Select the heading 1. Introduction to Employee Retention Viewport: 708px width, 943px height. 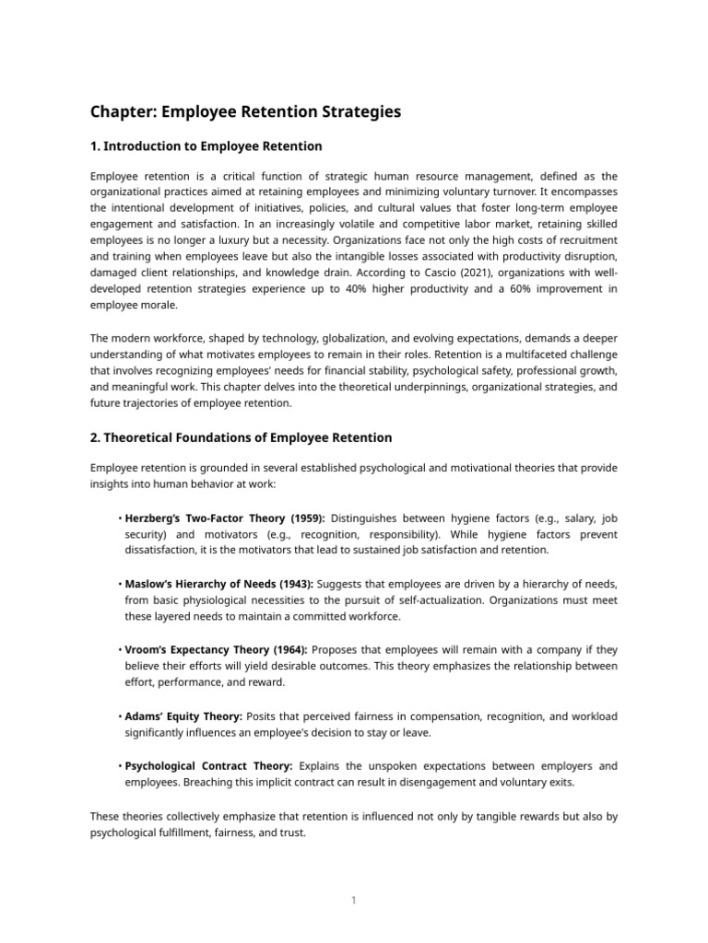(206, 146)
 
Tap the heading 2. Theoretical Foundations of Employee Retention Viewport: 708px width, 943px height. (241, 437)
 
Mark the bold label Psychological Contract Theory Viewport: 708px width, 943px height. (208, 765)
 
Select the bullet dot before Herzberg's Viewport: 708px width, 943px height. (120, 518)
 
